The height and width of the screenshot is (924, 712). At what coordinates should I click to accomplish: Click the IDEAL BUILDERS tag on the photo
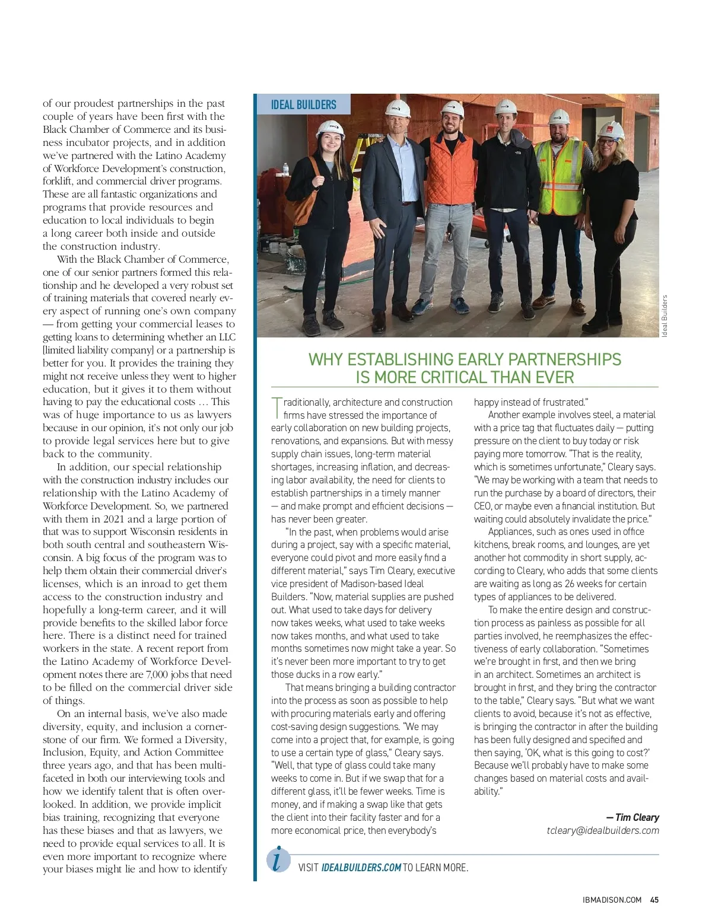[303, 105]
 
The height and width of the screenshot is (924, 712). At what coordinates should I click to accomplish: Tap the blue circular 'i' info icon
[278, 859]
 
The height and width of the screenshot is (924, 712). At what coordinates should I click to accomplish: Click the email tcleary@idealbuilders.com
[603, 830]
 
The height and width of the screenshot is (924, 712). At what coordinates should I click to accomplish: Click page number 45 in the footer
[654, 900]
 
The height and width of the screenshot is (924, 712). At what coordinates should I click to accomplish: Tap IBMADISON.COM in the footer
[612, 900]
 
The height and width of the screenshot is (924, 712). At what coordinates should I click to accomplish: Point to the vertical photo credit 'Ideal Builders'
[665, 316]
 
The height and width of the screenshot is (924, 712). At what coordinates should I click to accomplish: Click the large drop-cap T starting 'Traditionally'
[276, 407]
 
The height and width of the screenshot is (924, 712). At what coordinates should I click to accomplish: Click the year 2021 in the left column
[101, 519]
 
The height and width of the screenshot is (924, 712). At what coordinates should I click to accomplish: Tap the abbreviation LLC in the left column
[227, 337]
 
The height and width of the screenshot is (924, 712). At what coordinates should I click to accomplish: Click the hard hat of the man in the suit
[395, 107]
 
